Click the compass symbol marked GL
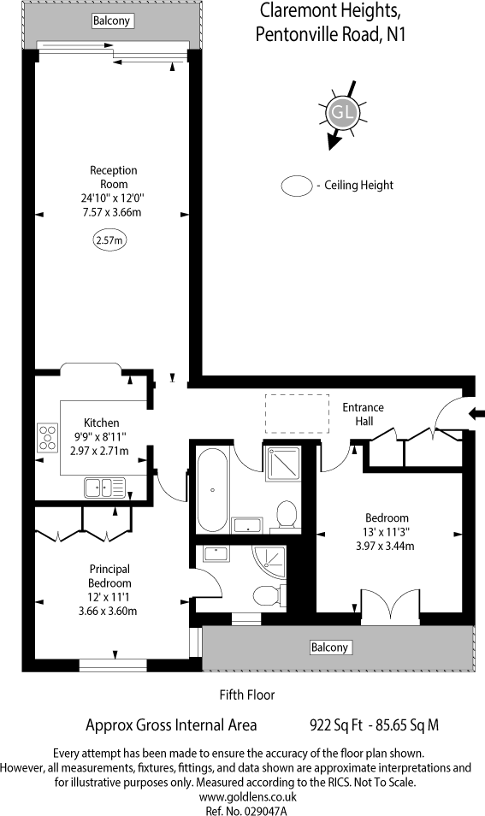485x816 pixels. coord(344,113)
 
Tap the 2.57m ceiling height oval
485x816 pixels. coord(108,241)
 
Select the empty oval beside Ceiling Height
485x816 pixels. coord(297,185)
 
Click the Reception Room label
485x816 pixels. coord(114,177)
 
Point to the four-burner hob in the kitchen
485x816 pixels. coord(47,437)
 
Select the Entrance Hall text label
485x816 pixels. coord(363,414)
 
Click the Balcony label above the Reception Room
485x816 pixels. coord(112,21)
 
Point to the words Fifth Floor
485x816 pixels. coord(247,695)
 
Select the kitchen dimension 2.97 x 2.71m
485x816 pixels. coord(100,451)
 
